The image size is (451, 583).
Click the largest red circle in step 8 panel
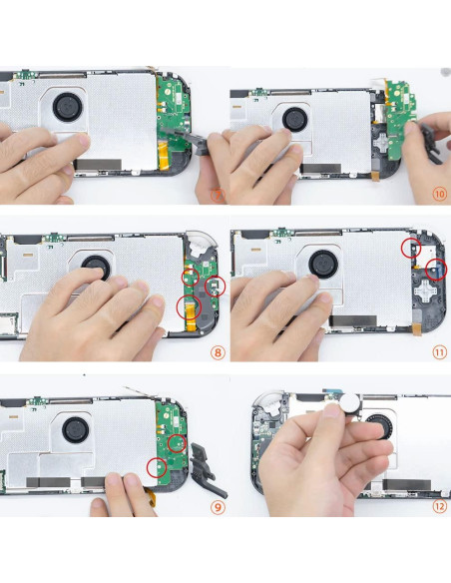pos(187,307)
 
